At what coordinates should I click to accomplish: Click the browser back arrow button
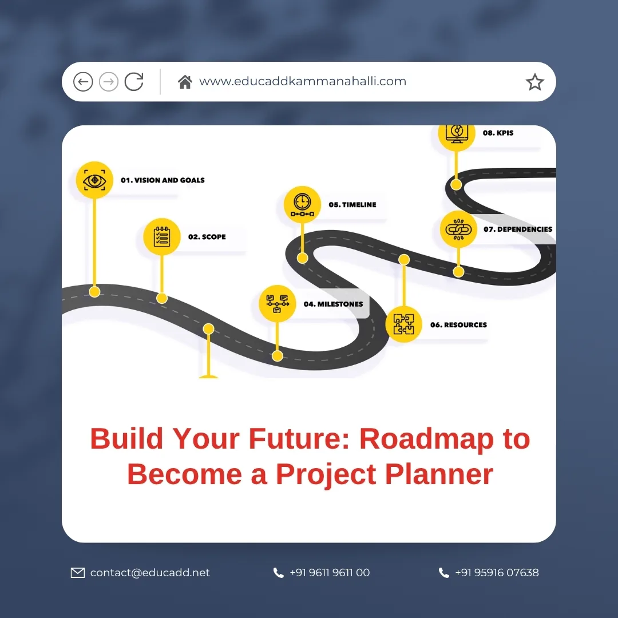(83, 82)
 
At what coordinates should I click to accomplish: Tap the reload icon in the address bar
(134, 82)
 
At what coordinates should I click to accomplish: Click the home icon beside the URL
(185, 82)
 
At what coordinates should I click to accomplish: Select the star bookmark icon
(534, 82)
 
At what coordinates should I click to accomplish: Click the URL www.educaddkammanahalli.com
(303, 81)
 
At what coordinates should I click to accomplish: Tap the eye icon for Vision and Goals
(94, 180)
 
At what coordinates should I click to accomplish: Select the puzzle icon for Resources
(403, 324)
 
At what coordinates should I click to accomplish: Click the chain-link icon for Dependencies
(458, 229)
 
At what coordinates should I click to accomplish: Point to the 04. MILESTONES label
(333, 304)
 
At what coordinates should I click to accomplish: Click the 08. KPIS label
(498, 133)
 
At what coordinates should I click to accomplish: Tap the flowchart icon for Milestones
(277, 304)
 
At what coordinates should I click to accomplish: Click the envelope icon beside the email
(77, 573)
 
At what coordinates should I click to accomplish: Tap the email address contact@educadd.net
(150, 573)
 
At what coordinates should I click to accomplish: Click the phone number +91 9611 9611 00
(330, 573)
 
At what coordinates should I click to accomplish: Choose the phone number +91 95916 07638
(497, 573)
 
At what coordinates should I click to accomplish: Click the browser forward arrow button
(109, 82)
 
